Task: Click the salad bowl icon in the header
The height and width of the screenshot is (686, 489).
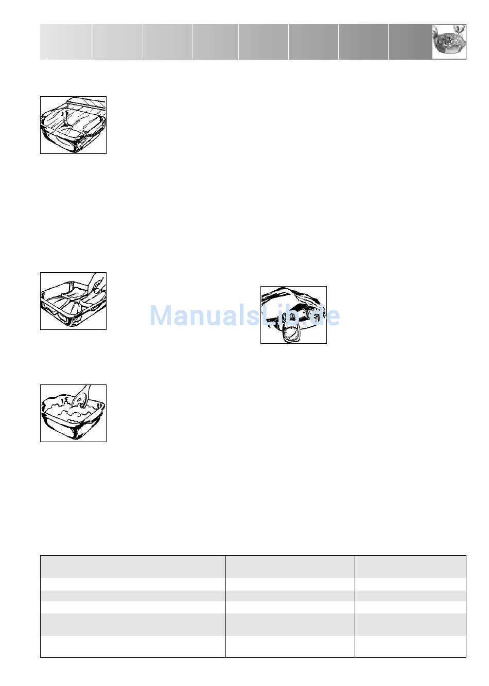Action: [x=449, y=42]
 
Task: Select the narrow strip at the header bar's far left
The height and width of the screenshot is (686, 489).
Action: [x=43, y=42]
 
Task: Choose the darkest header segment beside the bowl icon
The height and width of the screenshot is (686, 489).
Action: [x=410, y=42]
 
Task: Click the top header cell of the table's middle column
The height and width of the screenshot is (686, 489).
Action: [x=290, y=567]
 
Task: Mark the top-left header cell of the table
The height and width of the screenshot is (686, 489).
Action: [x=133, y=567]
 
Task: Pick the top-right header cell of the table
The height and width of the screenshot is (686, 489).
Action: [x=410, y=567]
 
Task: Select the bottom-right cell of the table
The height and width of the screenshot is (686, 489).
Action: [x=410, y=646]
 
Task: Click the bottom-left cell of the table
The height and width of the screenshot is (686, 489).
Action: [x=133, y=646]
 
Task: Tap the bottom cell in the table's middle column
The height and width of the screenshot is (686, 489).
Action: [x=290, y=646]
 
